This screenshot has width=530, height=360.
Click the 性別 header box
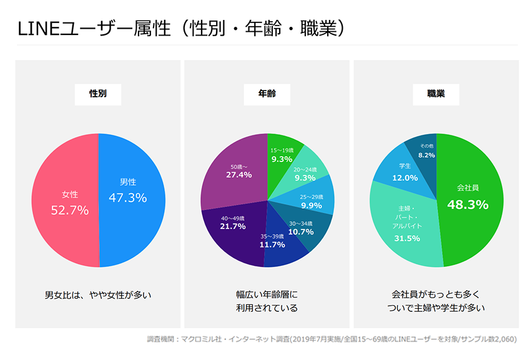98,94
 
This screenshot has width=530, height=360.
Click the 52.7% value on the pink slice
69,210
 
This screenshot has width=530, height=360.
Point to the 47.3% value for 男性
128,198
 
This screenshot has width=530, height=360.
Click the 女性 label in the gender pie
70,194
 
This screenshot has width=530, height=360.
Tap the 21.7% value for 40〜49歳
233,226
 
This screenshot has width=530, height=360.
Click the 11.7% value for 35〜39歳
273,245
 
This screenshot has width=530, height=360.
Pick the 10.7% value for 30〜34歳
301,231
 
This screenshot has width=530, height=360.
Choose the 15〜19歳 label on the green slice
282,150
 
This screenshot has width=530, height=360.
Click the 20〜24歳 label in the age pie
305,169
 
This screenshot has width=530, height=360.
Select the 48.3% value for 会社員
468,204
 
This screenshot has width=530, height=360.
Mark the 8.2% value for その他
427,155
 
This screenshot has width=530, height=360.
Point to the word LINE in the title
37,29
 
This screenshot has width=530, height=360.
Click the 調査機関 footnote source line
331,340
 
